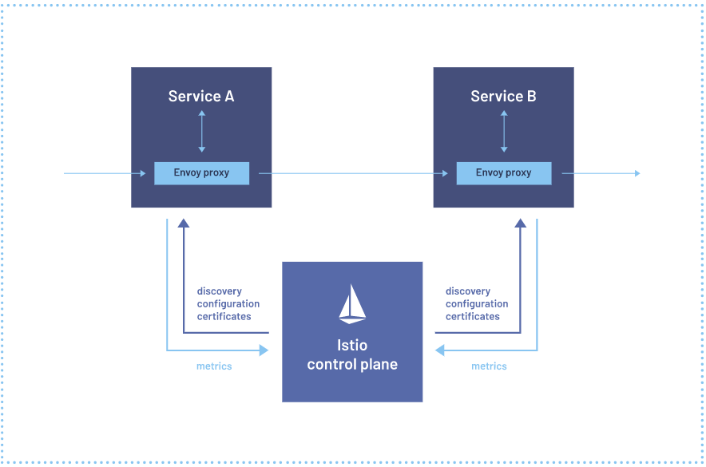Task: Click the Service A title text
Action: point(201,96)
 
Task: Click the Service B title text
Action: point(503,96)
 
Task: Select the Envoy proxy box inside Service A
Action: point(202,173)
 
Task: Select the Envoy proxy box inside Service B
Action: point(504,173)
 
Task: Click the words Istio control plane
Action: point(352,354)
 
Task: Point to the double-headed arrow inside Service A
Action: point(202,132)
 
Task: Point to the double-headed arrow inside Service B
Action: point(504,132)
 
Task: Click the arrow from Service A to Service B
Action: point(354,173)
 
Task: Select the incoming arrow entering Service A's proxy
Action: point(105,173)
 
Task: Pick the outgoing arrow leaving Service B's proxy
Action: point(601,173)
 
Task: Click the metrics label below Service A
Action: point(214,366)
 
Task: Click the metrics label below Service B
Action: point(489,366)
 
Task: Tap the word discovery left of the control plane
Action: point(220,291)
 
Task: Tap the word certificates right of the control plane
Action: point(473,316)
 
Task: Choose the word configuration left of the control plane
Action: point(228,304)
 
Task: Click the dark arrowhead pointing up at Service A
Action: point(183,224)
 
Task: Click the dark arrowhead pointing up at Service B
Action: point(521,224)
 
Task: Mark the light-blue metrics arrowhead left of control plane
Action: point(264,350)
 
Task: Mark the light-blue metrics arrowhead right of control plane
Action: point(440,350)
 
